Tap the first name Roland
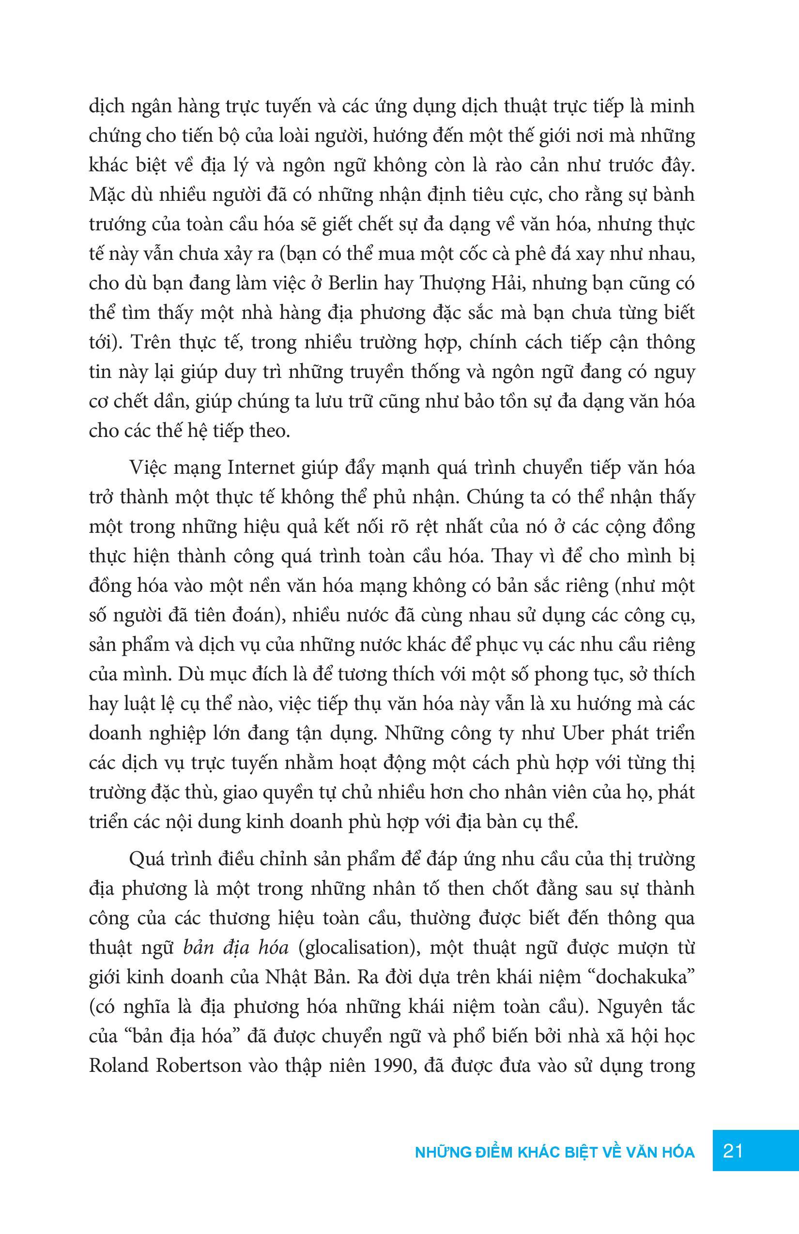point(117,1066)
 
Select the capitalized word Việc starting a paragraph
point(149,467)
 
